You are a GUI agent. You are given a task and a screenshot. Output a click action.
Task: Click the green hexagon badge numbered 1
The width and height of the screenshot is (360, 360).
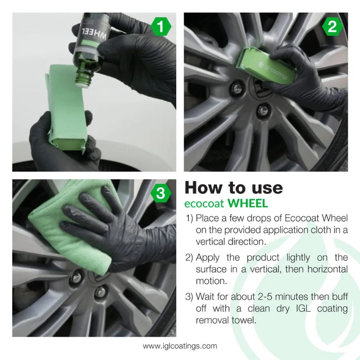click(162, 27)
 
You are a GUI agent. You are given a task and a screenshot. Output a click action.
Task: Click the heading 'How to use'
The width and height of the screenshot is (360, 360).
click(234, 188)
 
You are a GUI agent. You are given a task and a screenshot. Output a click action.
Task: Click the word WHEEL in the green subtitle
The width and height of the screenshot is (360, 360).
click(248, 204)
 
